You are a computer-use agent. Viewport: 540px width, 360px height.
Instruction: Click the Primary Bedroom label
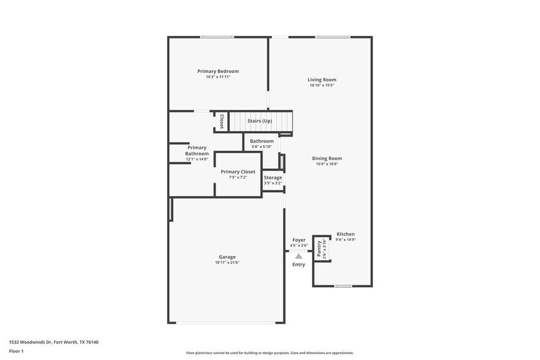click(218, 71)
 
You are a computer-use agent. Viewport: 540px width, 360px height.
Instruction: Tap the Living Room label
click(321, 80)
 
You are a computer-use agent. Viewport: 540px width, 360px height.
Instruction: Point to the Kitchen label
click(345, 234)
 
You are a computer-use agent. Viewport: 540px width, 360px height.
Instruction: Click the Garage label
click(227, 257)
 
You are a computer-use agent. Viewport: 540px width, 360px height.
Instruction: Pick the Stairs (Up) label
click(260, 121)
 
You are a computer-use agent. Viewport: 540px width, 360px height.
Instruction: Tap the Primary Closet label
click(238, 171)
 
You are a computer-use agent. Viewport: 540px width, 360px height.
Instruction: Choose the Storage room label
click(273, 178)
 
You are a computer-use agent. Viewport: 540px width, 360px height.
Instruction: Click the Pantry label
click(319, 248)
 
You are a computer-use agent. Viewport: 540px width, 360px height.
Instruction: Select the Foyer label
click(299, 240)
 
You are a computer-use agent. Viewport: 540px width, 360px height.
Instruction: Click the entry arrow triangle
click(299, 255)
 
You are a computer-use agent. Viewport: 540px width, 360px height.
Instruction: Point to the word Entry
click(299, 264)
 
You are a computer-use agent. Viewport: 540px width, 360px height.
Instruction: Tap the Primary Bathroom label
click(197, 151)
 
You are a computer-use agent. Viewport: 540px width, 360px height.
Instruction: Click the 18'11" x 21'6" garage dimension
click(227, 263)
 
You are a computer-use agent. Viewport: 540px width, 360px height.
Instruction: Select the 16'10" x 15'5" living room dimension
click(321, 86)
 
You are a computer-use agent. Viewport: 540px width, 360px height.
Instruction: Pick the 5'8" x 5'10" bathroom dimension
click(261, 147)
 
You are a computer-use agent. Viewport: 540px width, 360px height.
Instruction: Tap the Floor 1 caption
click(16, 351)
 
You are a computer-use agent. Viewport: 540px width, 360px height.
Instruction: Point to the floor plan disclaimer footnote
click(269, 353)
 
